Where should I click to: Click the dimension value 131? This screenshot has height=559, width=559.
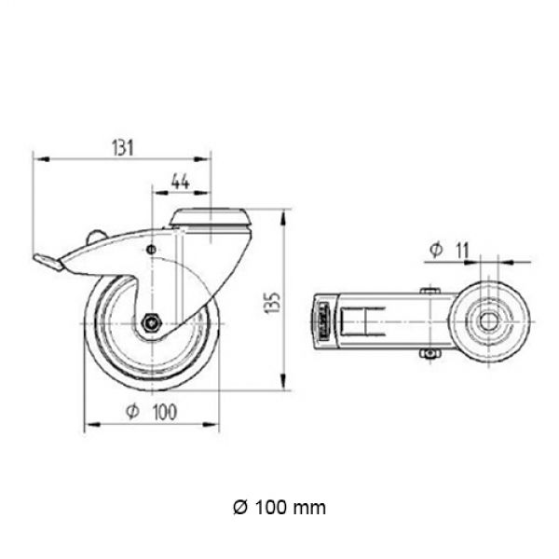coord(123,147)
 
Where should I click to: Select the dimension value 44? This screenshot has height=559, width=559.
coord(181,182)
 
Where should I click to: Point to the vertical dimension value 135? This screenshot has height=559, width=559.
coord(273,303)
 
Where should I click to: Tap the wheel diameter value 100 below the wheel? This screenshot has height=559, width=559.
coord(164,412)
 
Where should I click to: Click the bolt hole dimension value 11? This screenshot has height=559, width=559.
coord(462,250)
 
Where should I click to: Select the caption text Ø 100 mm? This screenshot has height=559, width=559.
coord(279,508)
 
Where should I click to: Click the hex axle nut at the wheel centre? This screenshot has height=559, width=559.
coord(152,323)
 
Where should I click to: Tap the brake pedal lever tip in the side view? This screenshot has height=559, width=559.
coord(48,263)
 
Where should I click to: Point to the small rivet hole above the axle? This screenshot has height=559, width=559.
coord(152,249)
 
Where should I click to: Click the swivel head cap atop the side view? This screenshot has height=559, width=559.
coord(210,217)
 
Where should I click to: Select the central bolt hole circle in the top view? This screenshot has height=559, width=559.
coord(488,322)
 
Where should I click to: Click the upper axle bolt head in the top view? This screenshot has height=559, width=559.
coord(430,291)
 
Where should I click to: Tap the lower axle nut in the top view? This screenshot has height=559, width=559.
coord(430,353)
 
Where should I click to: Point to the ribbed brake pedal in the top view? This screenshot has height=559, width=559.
coord(323,322)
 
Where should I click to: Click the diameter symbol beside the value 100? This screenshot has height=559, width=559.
coord(132,412)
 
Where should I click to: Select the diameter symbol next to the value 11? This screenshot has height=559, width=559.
coord(436,250)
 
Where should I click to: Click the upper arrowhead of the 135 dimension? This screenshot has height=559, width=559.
coord(283,217)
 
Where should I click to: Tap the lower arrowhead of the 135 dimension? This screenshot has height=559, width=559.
coord(283,381)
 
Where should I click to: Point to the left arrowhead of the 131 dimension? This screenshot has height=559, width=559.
coord(41,159)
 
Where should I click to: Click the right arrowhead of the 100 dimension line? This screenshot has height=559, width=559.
coord(211,424)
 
